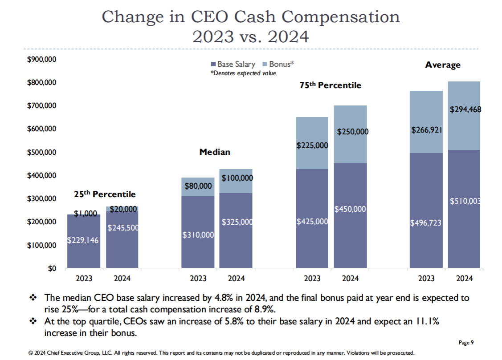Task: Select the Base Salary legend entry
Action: [233, 64]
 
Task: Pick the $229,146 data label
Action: [83, 240]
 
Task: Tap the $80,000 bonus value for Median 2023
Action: [198, 186]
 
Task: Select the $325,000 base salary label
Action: [237, 221]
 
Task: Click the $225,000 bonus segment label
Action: [312, 146]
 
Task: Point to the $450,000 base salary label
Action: [350, 209]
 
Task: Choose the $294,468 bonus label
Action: [465, 109]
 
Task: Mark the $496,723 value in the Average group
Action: [426, 222]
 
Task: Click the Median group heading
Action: [215, 152]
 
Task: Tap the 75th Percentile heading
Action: [330, 85]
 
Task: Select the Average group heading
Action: [443, 65]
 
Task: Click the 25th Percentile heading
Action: [105, 194]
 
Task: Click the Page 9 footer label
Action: [466, 342]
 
